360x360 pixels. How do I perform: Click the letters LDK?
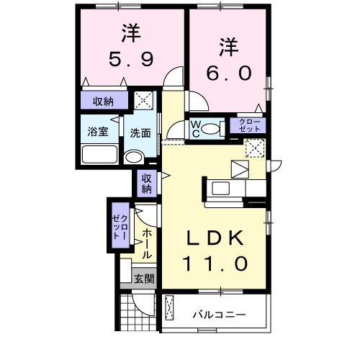click(217, 238)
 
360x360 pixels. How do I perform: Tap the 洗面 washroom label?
click(140, 133)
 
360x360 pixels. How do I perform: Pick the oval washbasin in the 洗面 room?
click(134, 157)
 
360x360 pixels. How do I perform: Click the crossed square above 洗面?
click(144, 102)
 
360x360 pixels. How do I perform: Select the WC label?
click(195, 129)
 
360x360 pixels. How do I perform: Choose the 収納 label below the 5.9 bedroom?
click(102, 101)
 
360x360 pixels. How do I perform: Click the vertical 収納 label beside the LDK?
click(146, 184)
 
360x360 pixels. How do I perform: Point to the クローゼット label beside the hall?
click(120, 225)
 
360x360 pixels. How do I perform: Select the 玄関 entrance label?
click(143, 279)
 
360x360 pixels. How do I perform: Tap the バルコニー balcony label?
click(220, 315)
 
